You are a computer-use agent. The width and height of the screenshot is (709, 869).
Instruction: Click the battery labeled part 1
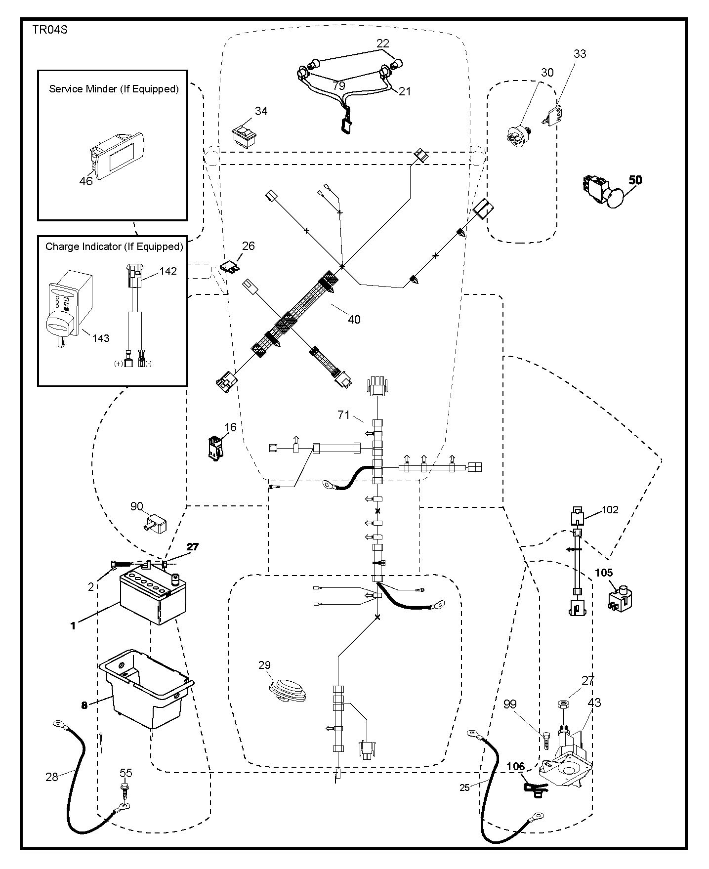[153, 596]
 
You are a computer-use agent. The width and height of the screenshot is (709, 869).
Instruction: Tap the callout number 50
[635, 180]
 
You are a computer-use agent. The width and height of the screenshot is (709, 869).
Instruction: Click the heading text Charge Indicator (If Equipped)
[114, 246]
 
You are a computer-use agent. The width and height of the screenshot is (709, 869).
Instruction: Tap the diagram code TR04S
[50, 30]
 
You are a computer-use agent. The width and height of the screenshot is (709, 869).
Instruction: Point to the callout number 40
[354, 320]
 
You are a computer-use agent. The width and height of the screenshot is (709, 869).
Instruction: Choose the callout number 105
[604, 573]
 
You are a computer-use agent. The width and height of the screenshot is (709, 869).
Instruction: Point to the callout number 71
[344, 415]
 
